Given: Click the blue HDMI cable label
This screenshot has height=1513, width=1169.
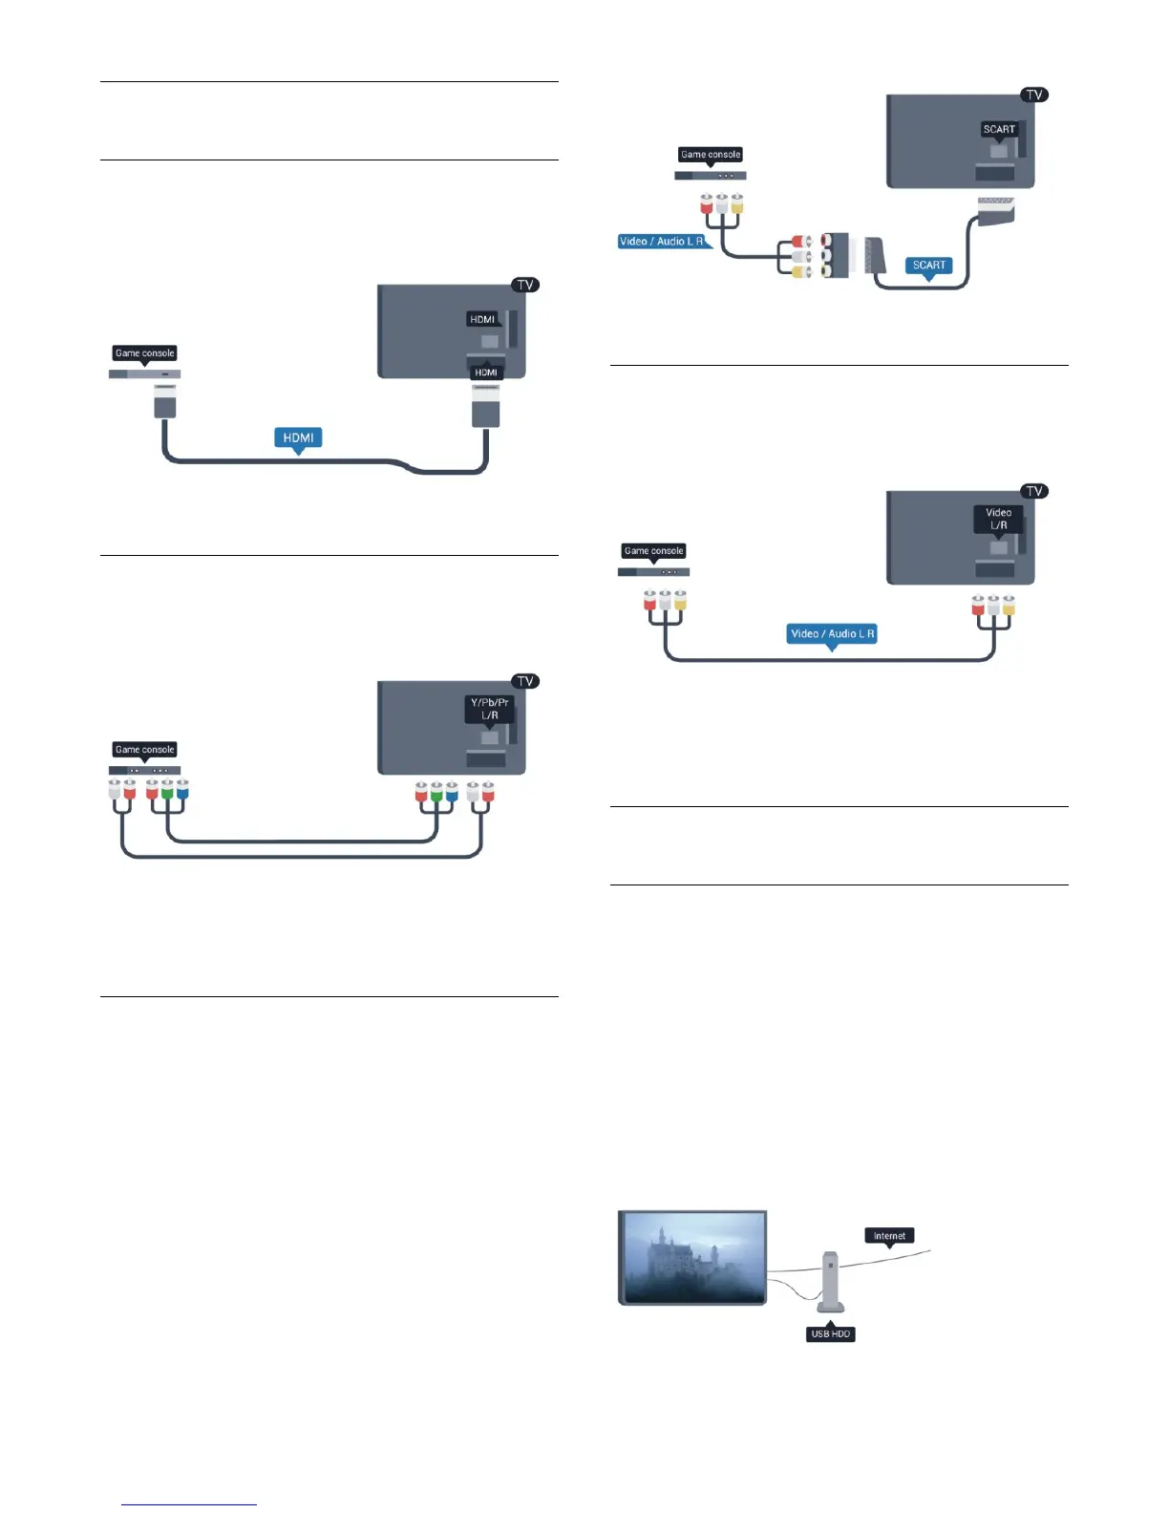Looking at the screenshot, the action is (298, 437).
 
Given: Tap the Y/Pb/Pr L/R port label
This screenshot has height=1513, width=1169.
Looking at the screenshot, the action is (489, 708).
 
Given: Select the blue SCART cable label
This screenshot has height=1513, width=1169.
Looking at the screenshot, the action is (928, 266).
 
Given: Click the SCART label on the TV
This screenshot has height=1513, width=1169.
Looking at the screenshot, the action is (999, 129).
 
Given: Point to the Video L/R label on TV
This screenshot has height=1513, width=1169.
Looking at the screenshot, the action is (998, 519).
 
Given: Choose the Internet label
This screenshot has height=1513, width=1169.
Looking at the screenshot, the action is (889, 1236).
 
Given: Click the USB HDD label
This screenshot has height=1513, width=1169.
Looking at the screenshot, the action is (830, 1334).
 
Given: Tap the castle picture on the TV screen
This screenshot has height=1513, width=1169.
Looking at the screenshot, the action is (692, 1256).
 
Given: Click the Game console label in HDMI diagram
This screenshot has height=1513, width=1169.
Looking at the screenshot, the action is (145, 353).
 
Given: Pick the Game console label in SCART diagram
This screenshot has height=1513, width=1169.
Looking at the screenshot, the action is (711, 155).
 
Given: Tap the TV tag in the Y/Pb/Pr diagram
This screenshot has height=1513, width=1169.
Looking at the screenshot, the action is (524, 681).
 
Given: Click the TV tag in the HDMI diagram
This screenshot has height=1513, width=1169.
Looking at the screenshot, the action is (524, 285).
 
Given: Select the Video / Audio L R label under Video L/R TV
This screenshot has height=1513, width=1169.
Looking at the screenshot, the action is (832, 633).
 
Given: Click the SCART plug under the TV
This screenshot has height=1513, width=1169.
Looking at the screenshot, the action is (995, 210).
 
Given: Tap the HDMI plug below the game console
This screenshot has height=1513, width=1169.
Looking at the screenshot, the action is (165, 401).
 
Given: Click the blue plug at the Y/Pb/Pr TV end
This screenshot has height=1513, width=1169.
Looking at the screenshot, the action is (452, 792).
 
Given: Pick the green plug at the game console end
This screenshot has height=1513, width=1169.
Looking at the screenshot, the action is (167, 790).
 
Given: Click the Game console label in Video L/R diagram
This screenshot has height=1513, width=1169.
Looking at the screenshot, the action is (653, 551).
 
